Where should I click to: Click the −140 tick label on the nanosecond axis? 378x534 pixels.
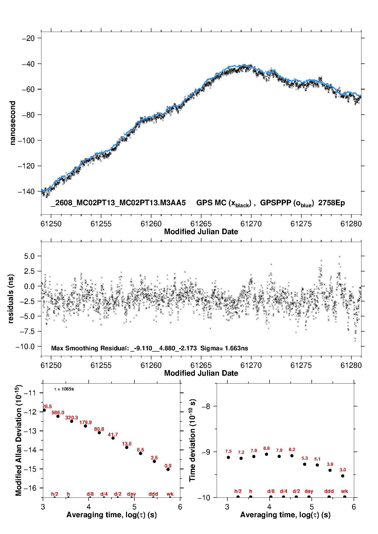[x=26, y=192]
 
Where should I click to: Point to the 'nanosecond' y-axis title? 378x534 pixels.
[x=12, y=123]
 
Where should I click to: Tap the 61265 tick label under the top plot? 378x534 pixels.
[x=201, y=224]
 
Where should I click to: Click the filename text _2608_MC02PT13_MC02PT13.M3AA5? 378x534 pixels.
[x=118, y=203]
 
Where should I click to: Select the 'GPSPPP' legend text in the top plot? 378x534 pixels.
[x=276, y=203]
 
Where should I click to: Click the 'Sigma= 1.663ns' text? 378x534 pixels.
[x=224, y=348]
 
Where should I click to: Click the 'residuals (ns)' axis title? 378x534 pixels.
[x=10, y=299]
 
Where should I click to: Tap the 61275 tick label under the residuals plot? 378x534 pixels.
[x=301, y=365]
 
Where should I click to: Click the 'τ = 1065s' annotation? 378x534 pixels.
[x=64, y=389]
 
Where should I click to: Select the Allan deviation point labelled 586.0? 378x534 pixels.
[x=58, y=416]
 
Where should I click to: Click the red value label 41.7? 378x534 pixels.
[x=113, y=435]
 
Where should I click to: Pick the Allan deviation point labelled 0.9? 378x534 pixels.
[x=168, y=469]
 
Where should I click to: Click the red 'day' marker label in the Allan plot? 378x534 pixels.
[x=131, y=494]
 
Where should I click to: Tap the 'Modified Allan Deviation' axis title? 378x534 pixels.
[x=19, y=440]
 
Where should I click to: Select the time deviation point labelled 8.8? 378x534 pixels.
[x=266, y=454]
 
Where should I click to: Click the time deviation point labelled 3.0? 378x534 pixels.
[x=343, y=476]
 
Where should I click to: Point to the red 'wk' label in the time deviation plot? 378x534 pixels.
[x=344, y=491]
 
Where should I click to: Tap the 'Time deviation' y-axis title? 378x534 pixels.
[x=193, y=440]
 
